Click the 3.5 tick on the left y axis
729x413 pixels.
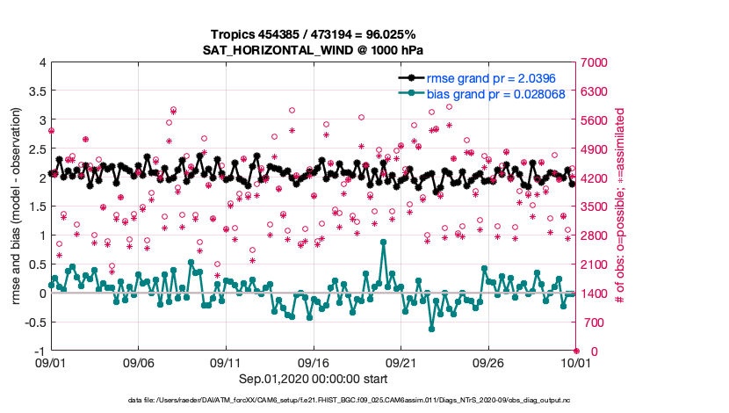coord(36,91)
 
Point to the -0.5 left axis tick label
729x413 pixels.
coord(33,322)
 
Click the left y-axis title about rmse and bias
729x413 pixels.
coord(17,206)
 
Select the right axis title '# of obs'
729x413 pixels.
coord(620,206)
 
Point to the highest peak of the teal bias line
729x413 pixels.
coord(384,242)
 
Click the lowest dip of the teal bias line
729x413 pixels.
coord(432,329)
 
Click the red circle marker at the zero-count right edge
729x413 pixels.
coord(576,351)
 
